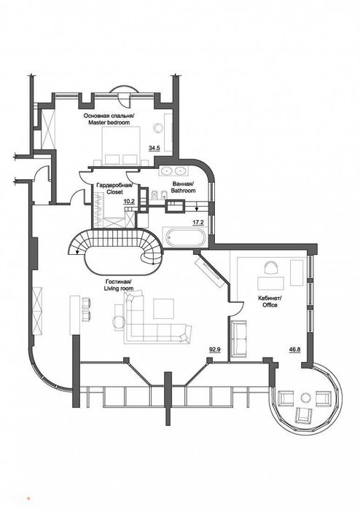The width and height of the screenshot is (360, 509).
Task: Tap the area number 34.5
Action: pos(154,148)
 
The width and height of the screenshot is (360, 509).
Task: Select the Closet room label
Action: pos(114,189)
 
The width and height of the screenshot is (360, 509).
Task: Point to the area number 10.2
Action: pos(129,201)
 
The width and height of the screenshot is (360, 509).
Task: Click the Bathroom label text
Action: pos(183,187)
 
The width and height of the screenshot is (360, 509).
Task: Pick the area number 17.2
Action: pos(198,222)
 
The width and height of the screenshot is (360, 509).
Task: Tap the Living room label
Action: pos(119,285)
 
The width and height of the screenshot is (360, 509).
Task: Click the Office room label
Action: pos(267,301)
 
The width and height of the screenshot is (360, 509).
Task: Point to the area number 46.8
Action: pos(294,350)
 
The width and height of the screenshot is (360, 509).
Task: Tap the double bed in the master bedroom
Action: pos(121,146)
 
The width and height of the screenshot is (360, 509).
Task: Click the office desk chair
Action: pos(272,267)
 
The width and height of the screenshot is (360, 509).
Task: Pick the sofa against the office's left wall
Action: pos(239,339)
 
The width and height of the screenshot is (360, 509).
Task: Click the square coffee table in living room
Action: pos(164,309)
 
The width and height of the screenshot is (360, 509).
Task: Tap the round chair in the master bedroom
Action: pos(158,128)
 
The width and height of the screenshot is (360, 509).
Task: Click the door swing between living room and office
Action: pos(237,308)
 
